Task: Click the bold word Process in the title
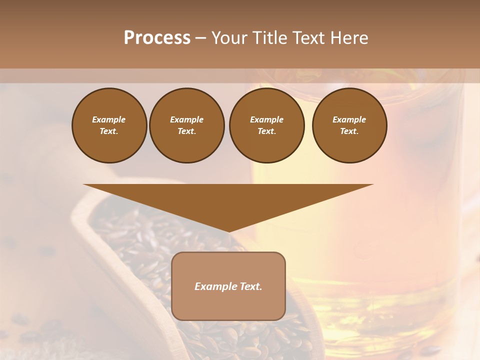coord(157,38)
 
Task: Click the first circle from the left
coord(109,125)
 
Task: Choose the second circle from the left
coord(186,125)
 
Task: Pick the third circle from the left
coord(266,125)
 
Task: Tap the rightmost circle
coord(349,125)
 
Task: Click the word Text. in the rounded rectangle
coord(250,286)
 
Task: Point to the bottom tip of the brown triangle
coord(229,231)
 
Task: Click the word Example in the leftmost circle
coord(109,119)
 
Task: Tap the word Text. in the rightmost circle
coord(349,131)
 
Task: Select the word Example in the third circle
coord(266,119)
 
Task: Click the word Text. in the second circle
coord(186,131)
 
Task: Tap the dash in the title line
coord(200,38)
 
